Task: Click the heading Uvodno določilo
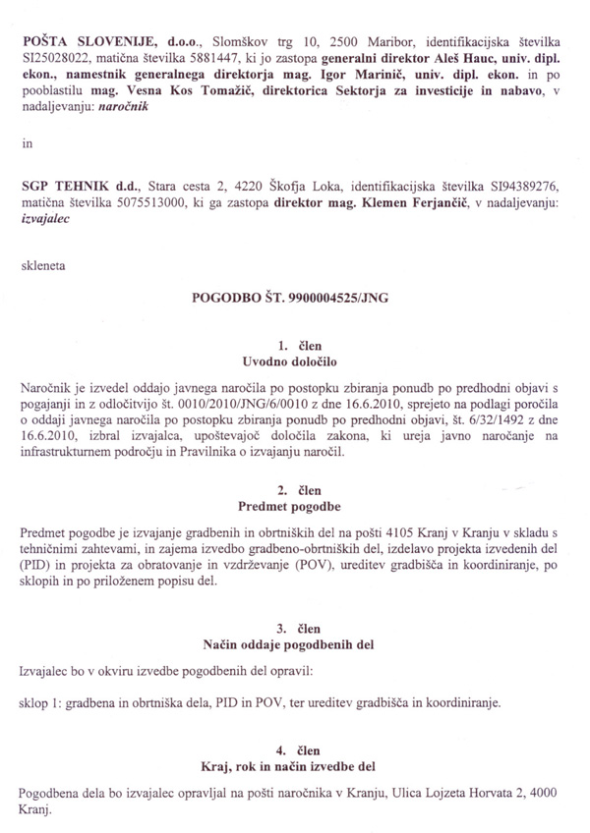coord(295,363)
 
